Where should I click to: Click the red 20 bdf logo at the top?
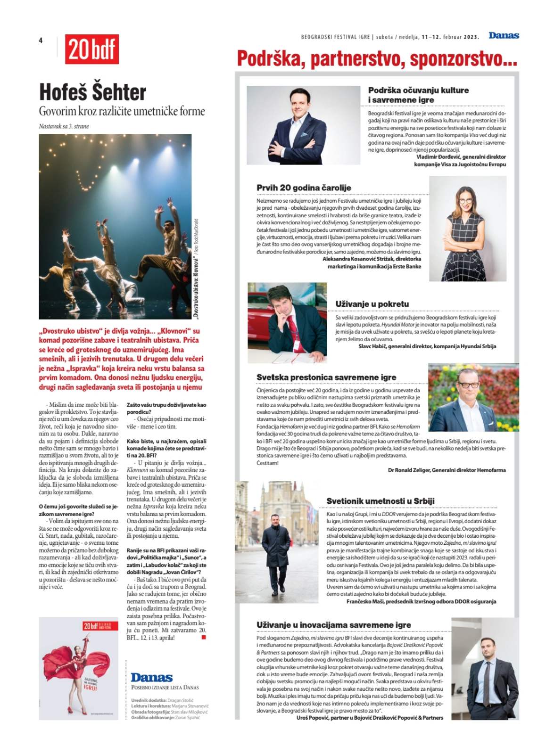coord(92,49)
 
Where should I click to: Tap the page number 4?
coord(41,41)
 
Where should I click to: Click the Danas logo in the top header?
coord(504,36)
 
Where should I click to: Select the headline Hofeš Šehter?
coord(93,92)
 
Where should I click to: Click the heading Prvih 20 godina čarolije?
coord(304,188)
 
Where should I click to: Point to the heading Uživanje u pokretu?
coord(372,304)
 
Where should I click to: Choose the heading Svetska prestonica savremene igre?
coord(326,377)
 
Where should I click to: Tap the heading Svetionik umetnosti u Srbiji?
coord(381,501)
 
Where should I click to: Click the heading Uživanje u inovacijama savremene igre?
coord(333,624)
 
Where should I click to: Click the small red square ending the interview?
coord(204,638)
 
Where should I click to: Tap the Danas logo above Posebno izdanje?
coord(151,678)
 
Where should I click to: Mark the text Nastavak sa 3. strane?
coord(64,126)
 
